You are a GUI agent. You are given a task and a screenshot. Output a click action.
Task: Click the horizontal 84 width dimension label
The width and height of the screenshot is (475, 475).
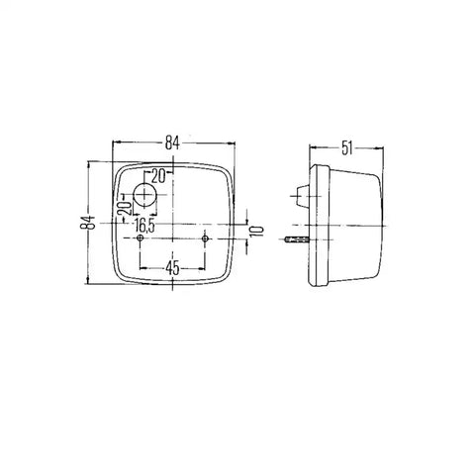pos(172,143)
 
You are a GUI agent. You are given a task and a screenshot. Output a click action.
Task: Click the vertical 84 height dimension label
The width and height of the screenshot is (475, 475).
pos(88,223)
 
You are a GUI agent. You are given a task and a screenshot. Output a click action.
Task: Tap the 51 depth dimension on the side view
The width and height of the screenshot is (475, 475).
pos(346,148)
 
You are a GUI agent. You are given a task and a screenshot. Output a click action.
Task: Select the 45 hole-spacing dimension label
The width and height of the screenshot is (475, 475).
pos(172,268)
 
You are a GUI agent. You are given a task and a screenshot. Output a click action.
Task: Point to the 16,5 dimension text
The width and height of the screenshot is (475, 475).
pos(144,226)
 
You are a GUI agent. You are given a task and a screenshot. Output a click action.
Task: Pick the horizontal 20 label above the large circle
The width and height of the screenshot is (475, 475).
pos(157,177)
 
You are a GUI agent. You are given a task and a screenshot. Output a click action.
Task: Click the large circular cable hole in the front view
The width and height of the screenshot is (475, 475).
pos(144,195)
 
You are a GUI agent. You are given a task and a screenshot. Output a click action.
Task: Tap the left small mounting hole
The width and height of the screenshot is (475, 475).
pos(141,238)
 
